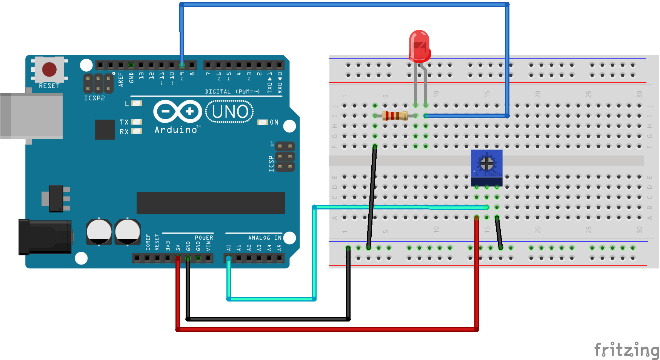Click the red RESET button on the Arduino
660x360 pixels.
49,69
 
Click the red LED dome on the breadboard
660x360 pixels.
419,45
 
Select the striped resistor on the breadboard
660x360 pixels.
395,116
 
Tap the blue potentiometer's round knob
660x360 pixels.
487,163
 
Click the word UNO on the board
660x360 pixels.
230,112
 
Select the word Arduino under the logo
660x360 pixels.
176,130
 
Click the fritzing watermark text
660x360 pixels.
626,349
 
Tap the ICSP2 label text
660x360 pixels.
94,98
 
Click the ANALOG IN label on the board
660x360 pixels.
265,238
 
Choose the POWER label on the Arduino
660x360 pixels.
204,238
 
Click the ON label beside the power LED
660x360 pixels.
274,122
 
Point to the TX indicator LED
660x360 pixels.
136,122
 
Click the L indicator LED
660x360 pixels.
136,103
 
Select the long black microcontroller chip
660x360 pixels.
211,203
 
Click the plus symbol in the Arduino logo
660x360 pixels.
190,111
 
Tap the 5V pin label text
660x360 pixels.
178,248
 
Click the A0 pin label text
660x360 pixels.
228,248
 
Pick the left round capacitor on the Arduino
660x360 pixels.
99,231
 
